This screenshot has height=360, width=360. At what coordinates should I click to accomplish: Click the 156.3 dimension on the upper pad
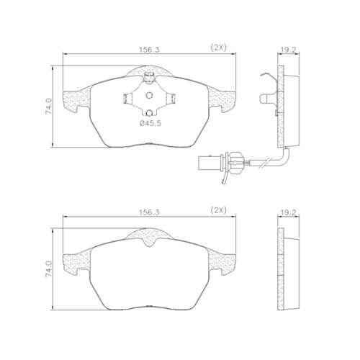coord(149,50)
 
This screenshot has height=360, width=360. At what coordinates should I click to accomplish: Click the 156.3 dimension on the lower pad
coord(149,212)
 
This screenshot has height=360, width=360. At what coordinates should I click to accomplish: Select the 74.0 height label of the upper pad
coord(49,106)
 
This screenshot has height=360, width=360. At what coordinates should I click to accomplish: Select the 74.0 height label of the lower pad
coord(49,269)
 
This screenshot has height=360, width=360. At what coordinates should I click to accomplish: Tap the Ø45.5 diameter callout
coord(150,123)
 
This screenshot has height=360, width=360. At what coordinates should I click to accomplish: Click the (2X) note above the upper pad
coord(218,48)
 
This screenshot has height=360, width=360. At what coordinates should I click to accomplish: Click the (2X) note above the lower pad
coord(218,211)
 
